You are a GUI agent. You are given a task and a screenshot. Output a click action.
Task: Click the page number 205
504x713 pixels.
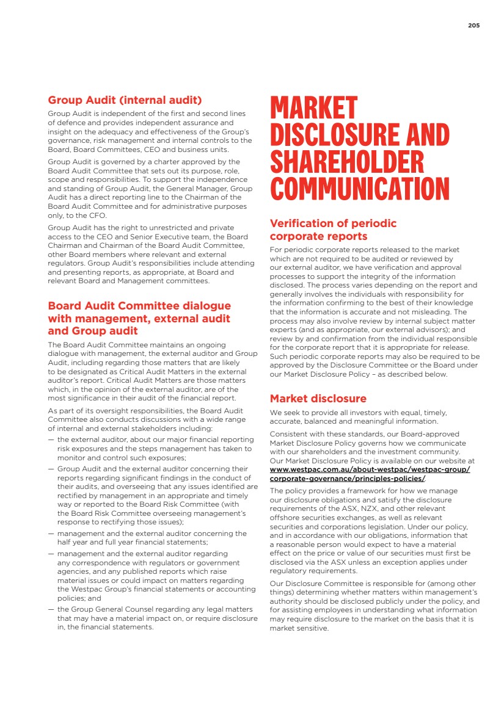point(473,26)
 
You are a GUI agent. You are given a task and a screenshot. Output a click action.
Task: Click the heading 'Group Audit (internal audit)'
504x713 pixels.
point(125,100)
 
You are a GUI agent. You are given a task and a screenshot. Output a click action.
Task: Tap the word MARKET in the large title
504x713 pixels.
point(313,109)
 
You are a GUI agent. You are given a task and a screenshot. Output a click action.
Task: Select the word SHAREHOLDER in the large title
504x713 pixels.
point(347,162)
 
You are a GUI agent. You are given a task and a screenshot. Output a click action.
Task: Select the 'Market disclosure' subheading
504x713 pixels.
point(318,399)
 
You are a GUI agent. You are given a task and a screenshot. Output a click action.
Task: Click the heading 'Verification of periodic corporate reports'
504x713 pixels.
point(333,230)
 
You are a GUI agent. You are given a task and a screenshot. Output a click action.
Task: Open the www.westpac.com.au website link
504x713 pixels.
point(370,474)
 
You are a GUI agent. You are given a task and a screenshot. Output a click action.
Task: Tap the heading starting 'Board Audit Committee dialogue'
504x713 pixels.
point(139,318)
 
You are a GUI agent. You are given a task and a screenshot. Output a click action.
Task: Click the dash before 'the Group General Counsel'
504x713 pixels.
point(51,609)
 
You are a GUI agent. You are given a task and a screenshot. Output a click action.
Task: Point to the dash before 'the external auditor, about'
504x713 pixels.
point(51,440)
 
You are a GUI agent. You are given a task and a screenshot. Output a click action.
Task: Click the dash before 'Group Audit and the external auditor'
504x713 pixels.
point(51,469)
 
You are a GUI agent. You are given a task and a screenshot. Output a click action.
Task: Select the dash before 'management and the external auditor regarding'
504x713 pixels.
point(51,554)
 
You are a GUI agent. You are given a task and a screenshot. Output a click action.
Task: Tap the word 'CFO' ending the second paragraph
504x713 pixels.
point(98,215)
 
